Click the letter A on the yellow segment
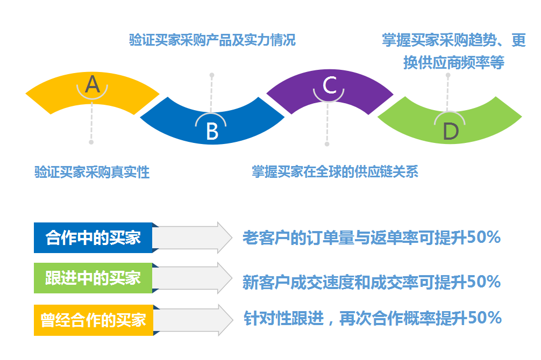[92, 84]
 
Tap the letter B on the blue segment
[212, 131]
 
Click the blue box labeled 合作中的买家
[93, 237]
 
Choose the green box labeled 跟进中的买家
[93, 278]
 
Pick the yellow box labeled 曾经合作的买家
[93, 320]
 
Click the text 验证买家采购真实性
[91, 172]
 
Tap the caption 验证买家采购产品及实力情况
[212, 40]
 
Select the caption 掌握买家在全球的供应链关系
[335, 172]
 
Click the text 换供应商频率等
[454, 62]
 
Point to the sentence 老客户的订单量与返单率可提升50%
[372, 237]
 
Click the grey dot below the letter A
[91, 142]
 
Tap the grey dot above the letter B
[212, 75]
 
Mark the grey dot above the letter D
[448, 75]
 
